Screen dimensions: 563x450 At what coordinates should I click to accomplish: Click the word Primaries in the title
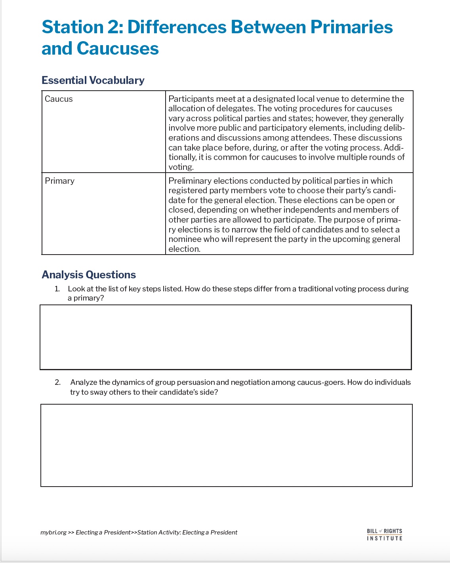tap(351, 27)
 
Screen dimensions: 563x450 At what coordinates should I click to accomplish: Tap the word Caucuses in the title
tap(117, 49)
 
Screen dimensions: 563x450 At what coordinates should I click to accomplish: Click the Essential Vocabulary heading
tap(93, 80)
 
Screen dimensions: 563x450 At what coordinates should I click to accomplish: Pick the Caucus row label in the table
tap(59, 99)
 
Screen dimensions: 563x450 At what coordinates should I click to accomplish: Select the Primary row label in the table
tap(59, 181)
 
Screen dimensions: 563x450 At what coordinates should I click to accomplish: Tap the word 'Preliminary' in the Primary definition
tap(189, 181)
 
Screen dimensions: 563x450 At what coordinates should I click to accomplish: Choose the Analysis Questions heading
tap(89, 275)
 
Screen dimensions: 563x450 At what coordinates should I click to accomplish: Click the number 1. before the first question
tap(57, 289)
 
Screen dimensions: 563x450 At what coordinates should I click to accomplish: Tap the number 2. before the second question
tap(57, 382)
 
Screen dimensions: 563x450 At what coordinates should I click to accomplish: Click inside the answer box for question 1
tap(225, 337)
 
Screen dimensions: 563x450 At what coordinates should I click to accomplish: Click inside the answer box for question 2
tap(226, 445)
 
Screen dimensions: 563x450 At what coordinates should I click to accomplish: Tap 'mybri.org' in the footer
tap(53, 533)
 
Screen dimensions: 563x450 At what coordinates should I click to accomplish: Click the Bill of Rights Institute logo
tap(384, 534)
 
